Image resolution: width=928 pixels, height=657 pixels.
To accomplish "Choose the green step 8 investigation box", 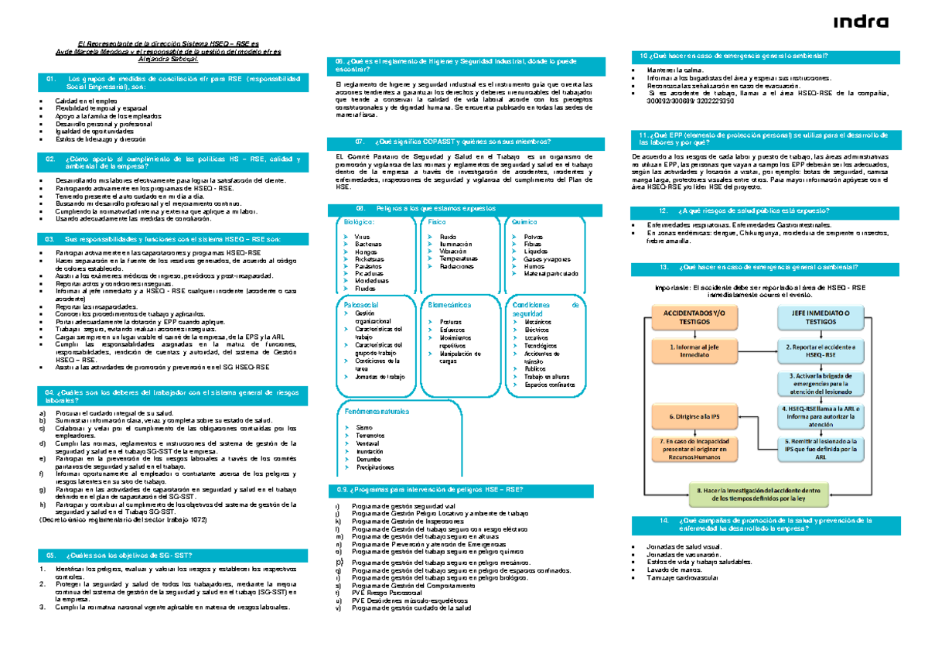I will pos(758,494).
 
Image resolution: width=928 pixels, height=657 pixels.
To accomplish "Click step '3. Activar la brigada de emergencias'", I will pos(819,383).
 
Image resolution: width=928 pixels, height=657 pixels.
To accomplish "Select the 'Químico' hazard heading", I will pos(520,222).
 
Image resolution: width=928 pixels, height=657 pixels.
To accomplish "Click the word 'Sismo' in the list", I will pos(363,427).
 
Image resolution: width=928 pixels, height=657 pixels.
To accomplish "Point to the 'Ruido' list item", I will pos(447,236).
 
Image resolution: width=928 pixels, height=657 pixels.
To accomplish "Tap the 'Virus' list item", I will pos(362,236).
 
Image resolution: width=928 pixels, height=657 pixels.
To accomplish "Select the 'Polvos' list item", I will pos(533,236).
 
